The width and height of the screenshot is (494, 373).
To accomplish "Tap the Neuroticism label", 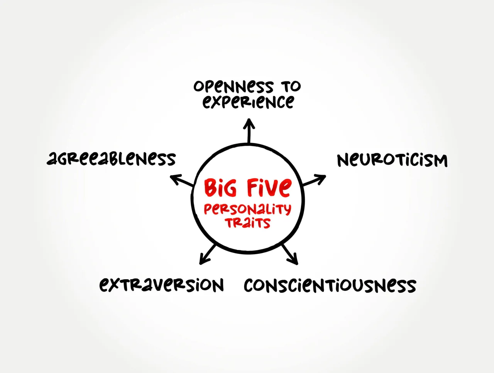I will click(392, 160).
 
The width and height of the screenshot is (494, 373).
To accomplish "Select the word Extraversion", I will click(161, 285).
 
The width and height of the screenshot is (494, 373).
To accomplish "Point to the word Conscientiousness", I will click(330, 286).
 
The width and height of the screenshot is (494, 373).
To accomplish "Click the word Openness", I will click(233, 87).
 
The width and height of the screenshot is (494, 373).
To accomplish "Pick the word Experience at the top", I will click(248, 102).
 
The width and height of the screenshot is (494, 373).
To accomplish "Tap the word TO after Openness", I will click(291, 86).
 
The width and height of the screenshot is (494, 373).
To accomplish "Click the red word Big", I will click(220, 188).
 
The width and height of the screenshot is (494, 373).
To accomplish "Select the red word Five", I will click(269, 187).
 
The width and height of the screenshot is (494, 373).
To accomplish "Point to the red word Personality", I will click(247, 209).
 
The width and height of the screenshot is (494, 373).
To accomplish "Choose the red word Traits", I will click(248, 223).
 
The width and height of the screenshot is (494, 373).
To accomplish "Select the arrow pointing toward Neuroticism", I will click(315, 180).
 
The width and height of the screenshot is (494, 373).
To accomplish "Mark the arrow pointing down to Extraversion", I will click(207, 254).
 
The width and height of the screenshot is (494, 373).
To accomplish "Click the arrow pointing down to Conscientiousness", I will click(290, 254).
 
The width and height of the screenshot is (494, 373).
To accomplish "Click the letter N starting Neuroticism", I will click(343, 160).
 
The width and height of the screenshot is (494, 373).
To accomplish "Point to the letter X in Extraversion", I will click(115, 285).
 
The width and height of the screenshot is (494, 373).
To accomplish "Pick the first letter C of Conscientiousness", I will click(249, 286).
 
